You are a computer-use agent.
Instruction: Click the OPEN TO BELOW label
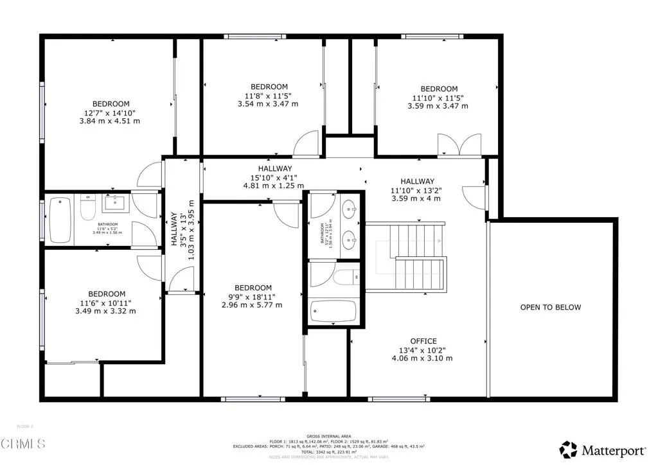pos(550,307)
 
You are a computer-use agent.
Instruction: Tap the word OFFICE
pos(423,341)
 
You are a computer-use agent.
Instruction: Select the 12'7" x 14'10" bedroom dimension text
pos(111,112)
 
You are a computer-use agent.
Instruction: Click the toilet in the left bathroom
pos(87,209)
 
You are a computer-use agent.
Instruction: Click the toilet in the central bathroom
pos(346,277)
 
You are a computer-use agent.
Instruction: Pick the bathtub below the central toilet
pos(333,312)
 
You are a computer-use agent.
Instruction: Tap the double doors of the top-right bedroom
pos(459,145)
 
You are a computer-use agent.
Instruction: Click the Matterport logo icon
pos(568,449)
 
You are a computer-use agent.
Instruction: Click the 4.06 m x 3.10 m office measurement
pos(423,358)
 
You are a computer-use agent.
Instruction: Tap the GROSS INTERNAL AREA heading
pos(328,435)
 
